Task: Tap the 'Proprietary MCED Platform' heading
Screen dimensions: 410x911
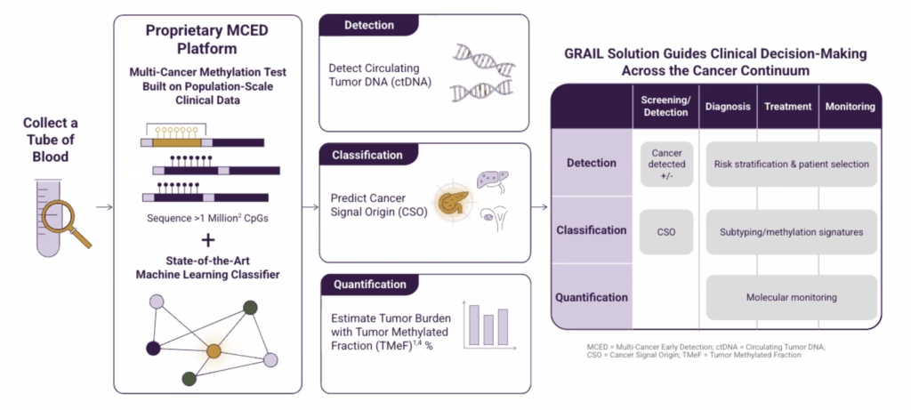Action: tap(207, 38)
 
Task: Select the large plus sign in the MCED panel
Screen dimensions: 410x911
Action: tap(207, 240)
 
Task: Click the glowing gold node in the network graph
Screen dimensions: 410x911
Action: tap(214, 353)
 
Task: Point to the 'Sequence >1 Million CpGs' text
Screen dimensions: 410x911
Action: tap(206, 218)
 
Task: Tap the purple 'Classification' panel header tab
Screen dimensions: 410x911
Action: tap(367, 155)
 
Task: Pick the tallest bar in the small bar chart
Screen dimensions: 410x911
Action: tap(473, 324)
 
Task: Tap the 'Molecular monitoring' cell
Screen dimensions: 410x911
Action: tap(791, 297)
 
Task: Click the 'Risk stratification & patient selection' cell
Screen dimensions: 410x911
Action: tap(791, 164)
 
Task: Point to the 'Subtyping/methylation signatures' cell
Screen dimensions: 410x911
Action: tap(791, 231)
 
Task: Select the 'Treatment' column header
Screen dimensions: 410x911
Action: tap(788, 107)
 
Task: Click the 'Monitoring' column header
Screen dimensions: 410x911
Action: tap(850, 107)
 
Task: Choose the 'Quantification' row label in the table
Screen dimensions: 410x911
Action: tap(592, 297)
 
